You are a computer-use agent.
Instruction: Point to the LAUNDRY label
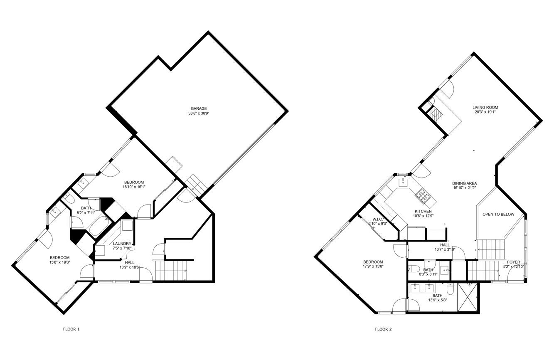(122, 244)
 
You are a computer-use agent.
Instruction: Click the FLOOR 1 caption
(71, 329)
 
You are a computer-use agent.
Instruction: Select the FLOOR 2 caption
(383, 329)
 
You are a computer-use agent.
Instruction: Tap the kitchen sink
(403, 182)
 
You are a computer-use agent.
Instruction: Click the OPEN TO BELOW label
(498, 215)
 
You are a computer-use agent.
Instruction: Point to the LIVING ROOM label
(485, 107)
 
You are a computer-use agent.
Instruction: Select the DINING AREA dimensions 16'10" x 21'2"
(464, 188)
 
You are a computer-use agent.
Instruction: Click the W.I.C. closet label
(377, 219)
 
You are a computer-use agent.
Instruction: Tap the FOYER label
(513, 262)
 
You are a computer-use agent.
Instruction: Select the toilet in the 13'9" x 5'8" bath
(450, 288)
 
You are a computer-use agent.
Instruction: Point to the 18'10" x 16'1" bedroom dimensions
(133, 187)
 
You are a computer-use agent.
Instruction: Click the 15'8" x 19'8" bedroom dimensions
(59, 262)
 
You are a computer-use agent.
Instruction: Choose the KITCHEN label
(423, 211)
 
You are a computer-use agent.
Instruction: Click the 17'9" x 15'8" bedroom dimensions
(372, 266)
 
